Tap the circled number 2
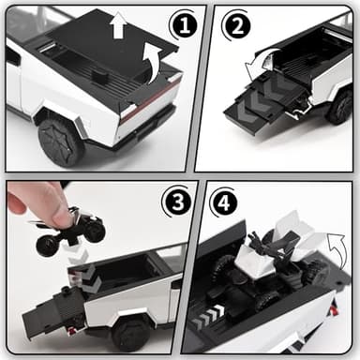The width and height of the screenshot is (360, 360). point(234,24)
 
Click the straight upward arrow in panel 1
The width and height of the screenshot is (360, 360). point(117,25)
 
